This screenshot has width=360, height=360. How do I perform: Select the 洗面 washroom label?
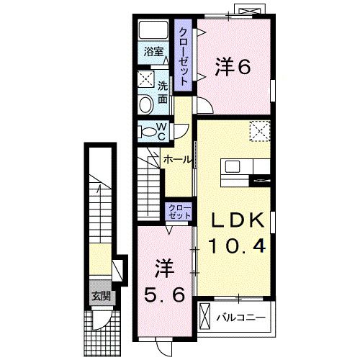(x=163, y=91)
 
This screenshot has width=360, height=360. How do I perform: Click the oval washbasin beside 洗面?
(x=145, y=105)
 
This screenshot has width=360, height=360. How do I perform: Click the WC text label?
(x=162, y=131)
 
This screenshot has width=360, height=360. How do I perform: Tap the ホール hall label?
(x=176, y=158)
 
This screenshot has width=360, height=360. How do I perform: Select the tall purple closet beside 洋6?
(x=184, y=58)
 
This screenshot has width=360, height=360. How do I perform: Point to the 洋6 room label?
(x=232, y=67)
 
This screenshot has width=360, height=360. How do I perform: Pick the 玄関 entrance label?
(x=100, y=296)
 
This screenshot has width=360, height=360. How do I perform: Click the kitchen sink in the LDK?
(x=233, y=167)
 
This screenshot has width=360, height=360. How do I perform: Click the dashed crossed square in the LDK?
(x=259, y=132)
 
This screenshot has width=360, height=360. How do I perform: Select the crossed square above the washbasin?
(x=145, y=79)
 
